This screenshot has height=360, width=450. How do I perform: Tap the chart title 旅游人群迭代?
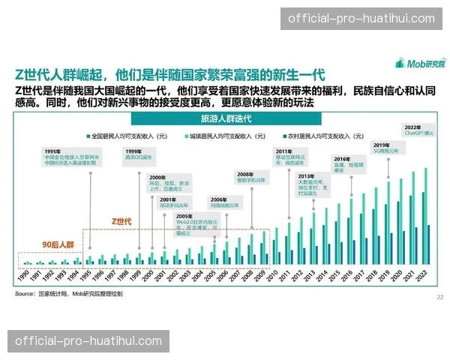coord(226,119)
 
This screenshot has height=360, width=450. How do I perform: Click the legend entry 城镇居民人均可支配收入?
coord(226,136)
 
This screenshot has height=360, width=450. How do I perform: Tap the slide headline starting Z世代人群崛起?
coord(169,73)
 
